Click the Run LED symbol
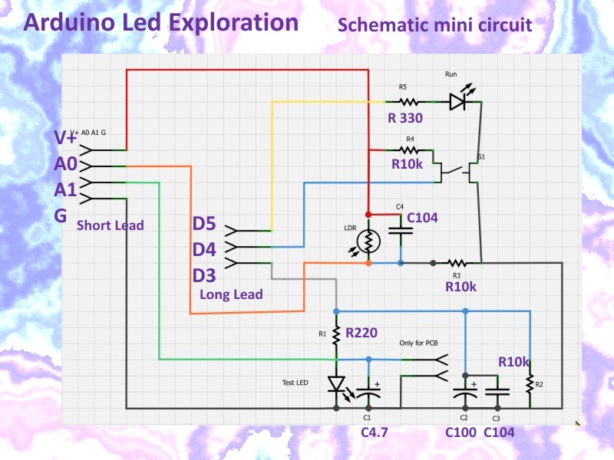pos(458,102)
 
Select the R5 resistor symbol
pos(408,101)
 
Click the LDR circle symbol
pos(368,241)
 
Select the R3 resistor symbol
pos(457,263)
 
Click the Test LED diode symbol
pos(336,383)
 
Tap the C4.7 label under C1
pos(375,432)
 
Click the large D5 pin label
pos(204,225)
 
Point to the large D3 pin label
pos(204,274)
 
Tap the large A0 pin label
pos(66,163)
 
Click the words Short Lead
pos(111,225)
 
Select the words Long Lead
pos(231,294)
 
